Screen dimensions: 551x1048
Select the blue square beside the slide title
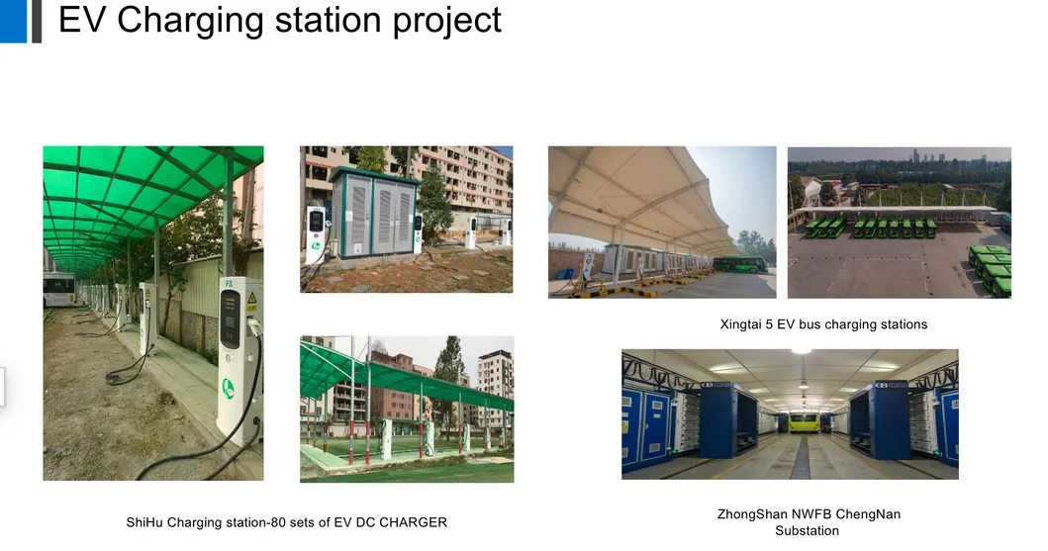tap(13, 21)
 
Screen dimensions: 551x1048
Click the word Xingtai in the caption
tap(741, 324)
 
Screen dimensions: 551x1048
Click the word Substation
tap(807, 531)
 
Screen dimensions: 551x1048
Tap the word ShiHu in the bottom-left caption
tap(144, 522)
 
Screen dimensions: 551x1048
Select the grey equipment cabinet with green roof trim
tap(373, 213)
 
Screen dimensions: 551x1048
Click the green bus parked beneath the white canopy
tap(740, 265)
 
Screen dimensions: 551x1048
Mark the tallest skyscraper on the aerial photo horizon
tap(917, 156)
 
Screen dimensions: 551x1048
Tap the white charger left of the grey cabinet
tap(316, 233)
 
